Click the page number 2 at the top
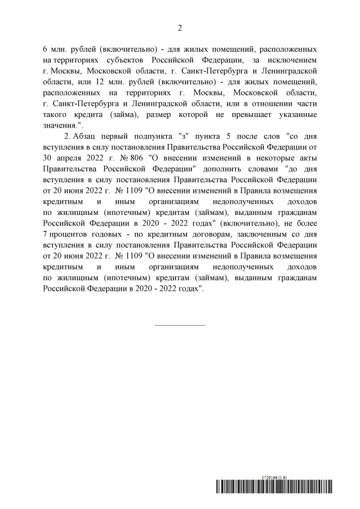pyautogui.click(x=180, y=28)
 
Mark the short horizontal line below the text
pyautogui.click(x=180, y=325)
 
